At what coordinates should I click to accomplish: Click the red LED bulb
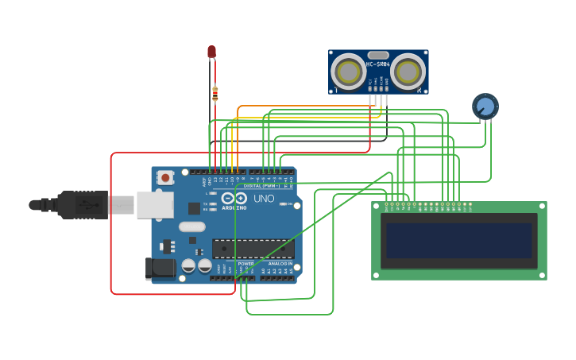pyautogui.click(x=211, y=52)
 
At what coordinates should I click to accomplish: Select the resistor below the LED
pyautogui.click(x=215, y=95)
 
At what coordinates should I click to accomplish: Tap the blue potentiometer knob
pyautogui.click(x=485, y=106)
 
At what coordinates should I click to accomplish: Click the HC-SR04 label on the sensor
pyautogui.click(x=377, y=64)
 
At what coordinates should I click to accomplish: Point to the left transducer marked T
pyautogui.click(x=348, y=72)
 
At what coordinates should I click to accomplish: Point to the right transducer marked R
pyautogui.click(x=408, y=72)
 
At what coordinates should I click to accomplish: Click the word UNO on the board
pyautogui.click(x=264, y=198)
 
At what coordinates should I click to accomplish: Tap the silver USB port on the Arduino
pyautogui.click(x=154, y=204)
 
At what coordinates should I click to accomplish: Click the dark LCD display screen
pyautogui.click(x=458, y=241)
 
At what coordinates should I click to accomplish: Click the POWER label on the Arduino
pyautogui.click(x=246, y=263)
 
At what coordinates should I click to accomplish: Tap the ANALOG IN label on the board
pyautogui.click(x=279, y=263)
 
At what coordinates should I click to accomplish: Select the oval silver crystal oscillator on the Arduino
pyautogui.click(x=191, y=226)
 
